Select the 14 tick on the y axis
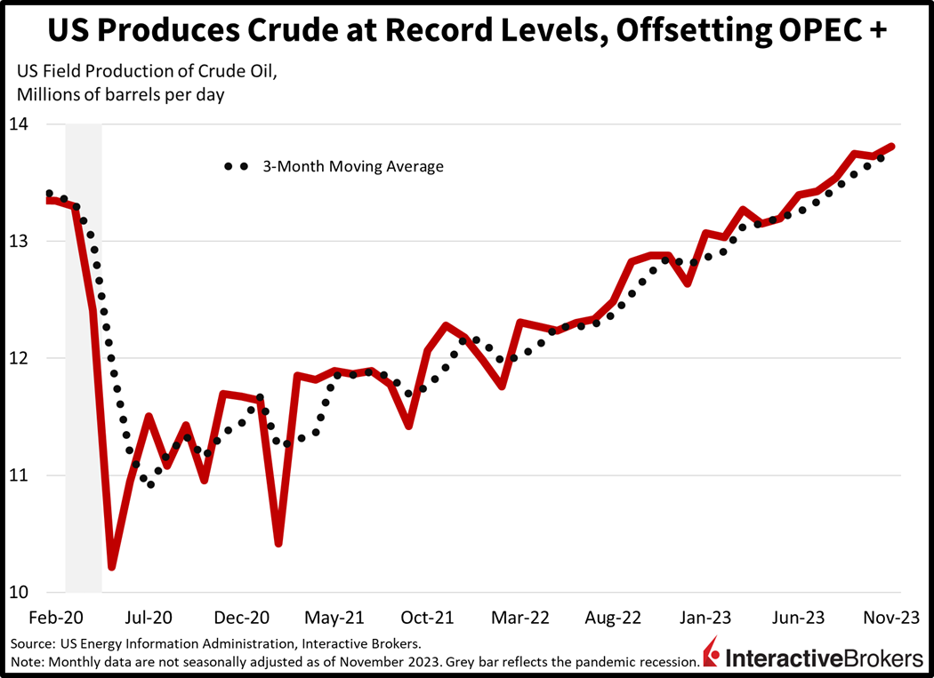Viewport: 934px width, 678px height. click(20, 124)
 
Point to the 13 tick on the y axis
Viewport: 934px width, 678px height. click(20, 242)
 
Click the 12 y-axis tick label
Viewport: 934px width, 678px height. click(20, 358)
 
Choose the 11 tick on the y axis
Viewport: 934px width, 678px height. click(20, 475)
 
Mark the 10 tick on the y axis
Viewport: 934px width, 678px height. click(20, 593)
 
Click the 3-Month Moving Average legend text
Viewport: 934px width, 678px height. click(352, 166)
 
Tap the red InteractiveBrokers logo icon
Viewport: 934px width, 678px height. click(712, 656)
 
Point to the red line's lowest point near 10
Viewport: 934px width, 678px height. click(112, 566)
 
